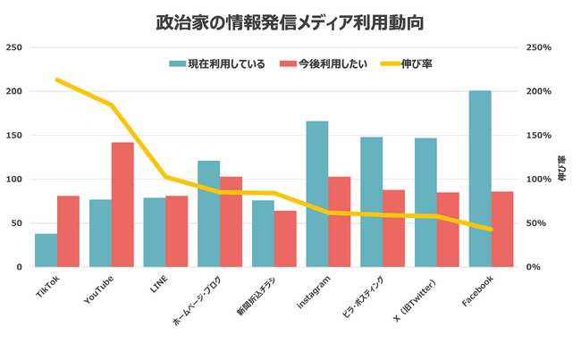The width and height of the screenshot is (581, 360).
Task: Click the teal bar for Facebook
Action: (x=480, y=179)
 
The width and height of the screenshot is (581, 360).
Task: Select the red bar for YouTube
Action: (x=122, y=205)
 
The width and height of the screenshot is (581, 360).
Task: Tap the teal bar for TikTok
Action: (x=46, y=250)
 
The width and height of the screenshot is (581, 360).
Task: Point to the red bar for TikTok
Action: (x=68, y=231)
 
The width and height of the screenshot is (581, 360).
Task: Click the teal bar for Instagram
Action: (x=317, y=194)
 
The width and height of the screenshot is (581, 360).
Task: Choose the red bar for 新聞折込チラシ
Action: (x=285, y=239)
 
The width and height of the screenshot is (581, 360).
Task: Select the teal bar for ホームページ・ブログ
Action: (x=208, y=213)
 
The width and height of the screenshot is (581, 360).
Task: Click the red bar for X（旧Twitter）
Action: (x=448, y=230)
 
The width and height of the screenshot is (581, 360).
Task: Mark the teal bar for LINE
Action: (x=155, y=232)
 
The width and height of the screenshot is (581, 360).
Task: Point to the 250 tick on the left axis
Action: (x=14, y=47)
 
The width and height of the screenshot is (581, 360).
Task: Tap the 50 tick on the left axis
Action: (x=17, y=223)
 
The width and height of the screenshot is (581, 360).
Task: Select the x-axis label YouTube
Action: (x=97, y=290)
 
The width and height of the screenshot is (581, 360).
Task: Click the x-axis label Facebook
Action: (x=477, y=290)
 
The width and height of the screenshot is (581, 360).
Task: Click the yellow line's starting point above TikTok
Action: (x=57, y=80)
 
